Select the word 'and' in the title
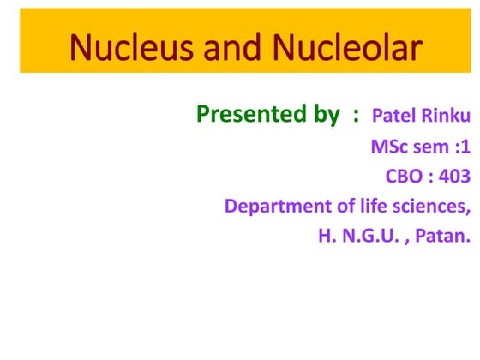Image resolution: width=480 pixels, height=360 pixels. pyautogui.click(x=231, y=49)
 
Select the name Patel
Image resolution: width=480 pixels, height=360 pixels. pyautogui.click(x=395, y=115)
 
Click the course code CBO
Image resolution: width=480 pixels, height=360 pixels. pyautogui.click(x=405, y=177)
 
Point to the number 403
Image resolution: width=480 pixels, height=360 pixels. pyautogui.click(x=453, y=177)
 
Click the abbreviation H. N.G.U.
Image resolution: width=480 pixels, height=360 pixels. pyautogui.click(x=359, y=236)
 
